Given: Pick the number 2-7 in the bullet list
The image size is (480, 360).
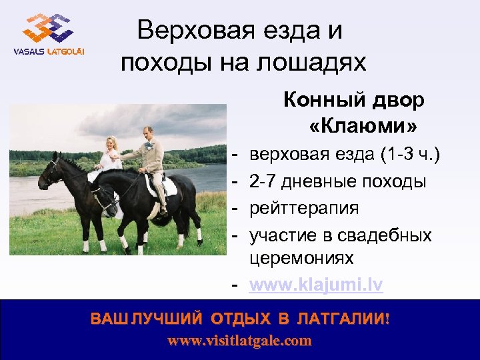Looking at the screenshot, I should pyautogui.click(x=263, y=181).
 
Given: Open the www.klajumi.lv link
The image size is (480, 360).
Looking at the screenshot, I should pyautogui.click(x=316, y=285).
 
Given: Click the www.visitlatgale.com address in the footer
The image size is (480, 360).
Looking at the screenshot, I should pyautogui.click(x=239, y=341).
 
